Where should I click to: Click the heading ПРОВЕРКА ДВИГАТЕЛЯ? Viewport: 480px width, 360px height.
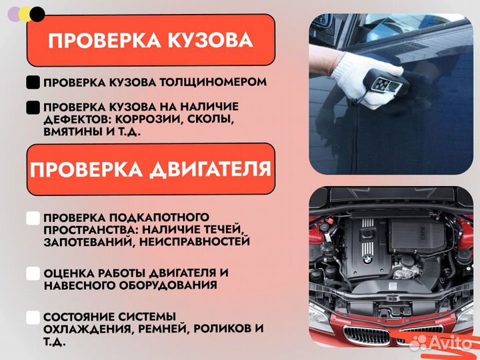[150, 169]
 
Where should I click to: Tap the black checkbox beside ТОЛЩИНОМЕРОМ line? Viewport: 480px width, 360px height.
[33, 83]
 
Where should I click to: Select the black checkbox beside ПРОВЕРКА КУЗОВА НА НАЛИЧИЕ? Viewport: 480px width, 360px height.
[33, 107]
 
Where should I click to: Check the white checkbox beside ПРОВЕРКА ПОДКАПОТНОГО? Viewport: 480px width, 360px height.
[33, 218]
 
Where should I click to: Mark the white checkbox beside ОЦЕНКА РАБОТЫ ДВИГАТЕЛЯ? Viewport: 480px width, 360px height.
[33, 273]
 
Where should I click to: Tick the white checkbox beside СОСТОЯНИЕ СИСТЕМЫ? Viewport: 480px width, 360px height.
[33, 317]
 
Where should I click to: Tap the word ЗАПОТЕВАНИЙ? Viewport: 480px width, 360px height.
[81, 242]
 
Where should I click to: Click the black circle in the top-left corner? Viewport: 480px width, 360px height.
[38, 13]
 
